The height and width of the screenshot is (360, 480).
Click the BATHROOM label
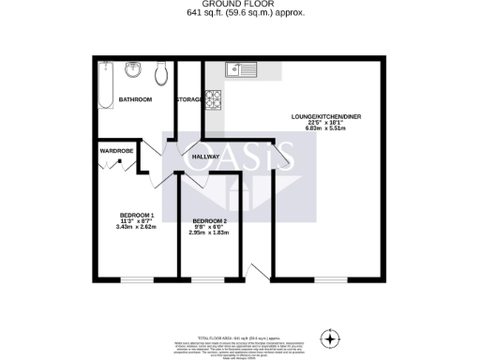pyautogui.click(x=134, y=98)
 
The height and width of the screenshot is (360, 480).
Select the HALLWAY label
pyautogui.click(x=205, y=157)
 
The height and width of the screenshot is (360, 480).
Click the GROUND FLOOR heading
pyautogui.click(x=239, y=5)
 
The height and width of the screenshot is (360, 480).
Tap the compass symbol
pyautogui.click(x=329, y=337)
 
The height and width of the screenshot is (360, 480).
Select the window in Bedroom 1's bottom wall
pyautogui.click(x=138, y=278)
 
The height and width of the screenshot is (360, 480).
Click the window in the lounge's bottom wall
pyautogui.click(x=327, y=278)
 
